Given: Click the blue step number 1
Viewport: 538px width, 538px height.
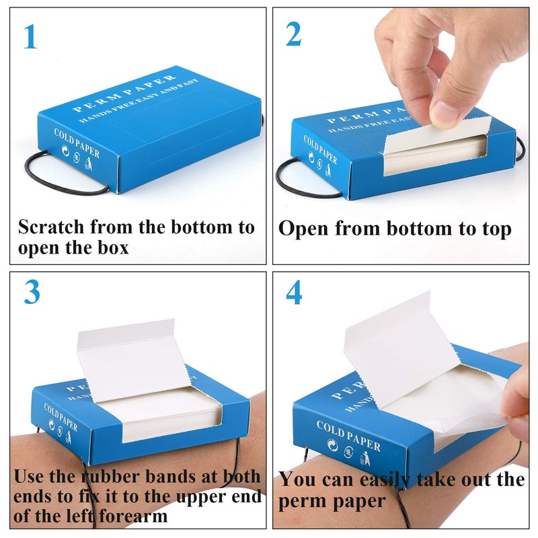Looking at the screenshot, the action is click(x=30, y=36).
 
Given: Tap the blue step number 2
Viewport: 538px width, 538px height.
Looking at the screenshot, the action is click(x=293, y=34).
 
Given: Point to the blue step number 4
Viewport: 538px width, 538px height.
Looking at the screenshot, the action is click(x=294, y=293).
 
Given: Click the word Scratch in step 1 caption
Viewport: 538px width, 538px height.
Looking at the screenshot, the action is click(x=51, y=227).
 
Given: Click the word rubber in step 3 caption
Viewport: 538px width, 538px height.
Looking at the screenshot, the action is click(x=110, y=476).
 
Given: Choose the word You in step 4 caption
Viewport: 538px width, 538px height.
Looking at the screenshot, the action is click(x=297, y=479).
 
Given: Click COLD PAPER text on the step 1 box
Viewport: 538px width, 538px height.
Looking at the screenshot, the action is click(x=77, y=143).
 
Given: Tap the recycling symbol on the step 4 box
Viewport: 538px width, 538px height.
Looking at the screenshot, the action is click(x=332, y=445).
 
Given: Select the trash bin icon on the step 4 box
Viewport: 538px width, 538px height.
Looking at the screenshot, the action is click(x=365, y=459).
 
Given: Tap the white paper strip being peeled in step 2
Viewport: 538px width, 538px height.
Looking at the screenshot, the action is click(x=436, y=134).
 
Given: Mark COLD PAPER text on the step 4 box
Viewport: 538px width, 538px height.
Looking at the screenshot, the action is click(x=348, y=436).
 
